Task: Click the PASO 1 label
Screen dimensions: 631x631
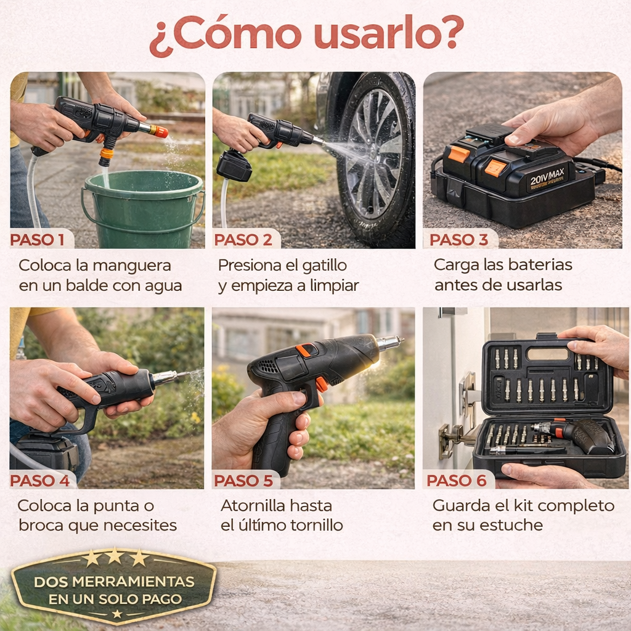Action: (x=37, y=240)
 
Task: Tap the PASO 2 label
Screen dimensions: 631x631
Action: (x=243, y=240)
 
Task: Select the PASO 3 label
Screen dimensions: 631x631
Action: (x=458, y=240)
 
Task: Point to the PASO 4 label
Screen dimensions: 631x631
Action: (x=39, y=480)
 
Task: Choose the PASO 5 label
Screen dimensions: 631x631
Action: (x=243, y=480)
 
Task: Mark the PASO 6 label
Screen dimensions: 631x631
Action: (x=457, y=480)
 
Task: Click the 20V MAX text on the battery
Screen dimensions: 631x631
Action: (x=547, y=177)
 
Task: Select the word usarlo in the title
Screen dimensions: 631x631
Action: (x=388, y=35)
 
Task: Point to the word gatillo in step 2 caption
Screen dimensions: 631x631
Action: (x=324, y=266)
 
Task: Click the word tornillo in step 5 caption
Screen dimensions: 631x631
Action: (x=317, y=525)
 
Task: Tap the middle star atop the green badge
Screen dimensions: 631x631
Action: (x=115, y=556)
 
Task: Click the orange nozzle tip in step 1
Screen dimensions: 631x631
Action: (x=161, y=132)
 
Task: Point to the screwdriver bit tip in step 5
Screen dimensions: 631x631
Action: (x=400, y=340)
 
